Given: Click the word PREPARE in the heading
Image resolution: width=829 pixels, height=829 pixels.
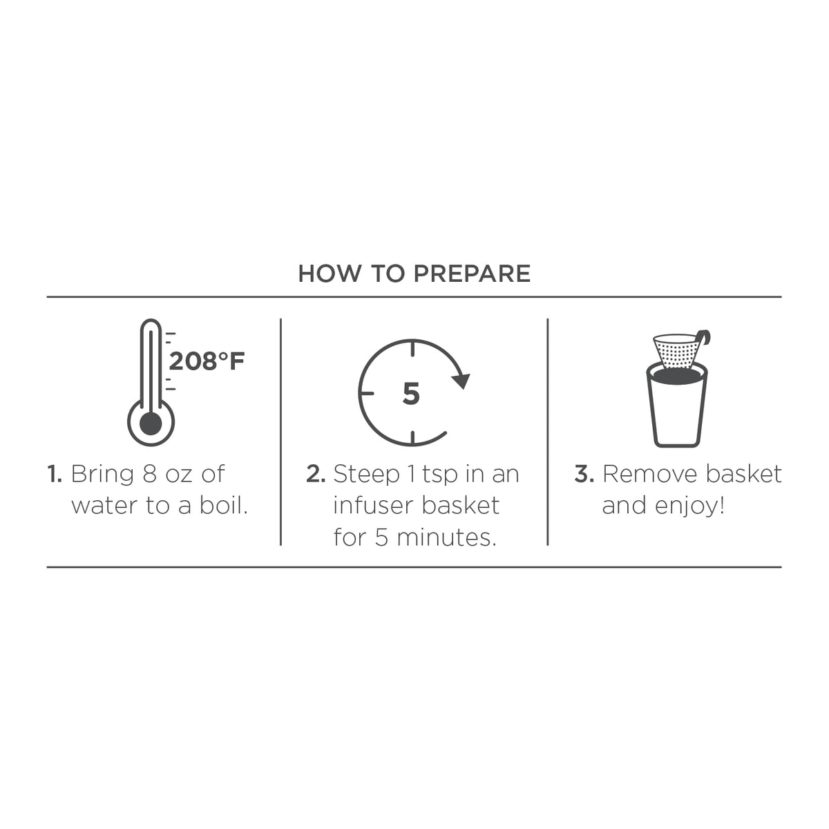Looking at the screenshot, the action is coord(472,274).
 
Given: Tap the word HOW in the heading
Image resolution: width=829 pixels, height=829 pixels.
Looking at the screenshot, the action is coord(330,274).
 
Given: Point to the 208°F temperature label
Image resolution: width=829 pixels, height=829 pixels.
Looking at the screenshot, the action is coord(207,361).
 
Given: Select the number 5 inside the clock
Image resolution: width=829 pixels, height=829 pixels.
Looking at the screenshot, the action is coord(411,394).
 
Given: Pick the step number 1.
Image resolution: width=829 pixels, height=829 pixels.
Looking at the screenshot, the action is coord(54,474).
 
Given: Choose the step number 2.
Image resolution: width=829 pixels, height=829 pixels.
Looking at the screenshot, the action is coord(315,474).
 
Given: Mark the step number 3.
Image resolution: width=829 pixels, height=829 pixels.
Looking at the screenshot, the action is coord(584,474).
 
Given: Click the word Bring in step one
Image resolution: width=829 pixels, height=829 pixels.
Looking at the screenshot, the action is coord(102,475).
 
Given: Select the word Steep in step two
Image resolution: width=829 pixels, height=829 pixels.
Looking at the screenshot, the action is coord(366,475).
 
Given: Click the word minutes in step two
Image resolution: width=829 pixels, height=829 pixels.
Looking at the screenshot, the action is coord(446,537).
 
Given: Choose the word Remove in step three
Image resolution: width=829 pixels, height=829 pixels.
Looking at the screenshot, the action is coord(649,474).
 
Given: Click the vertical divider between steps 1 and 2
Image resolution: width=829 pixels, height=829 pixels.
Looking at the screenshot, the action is coord(281,432).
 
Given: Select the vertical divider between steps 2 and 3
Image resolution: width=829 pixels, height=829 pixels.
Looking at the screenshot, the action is coord(548,432).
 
